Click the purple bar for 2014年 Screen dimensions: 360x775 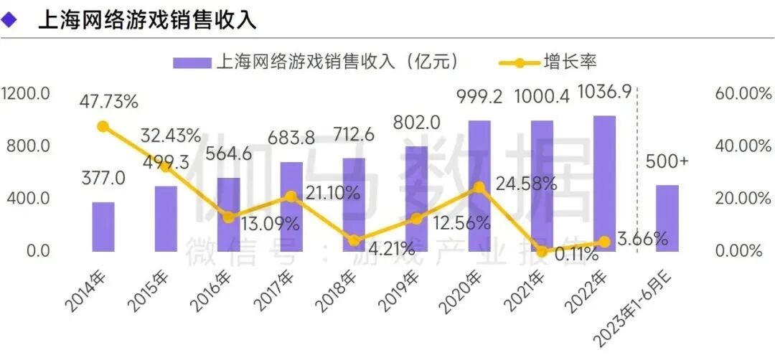[x=103, y=227]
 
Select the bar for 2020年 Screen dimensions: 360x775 [x=479, y=186]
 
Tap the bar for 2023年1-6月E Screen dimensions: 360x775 [x=667, y=218]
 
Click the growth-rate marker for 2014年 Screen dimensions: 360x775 [x=103, y=126]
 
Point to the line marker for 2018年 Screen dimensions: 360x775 [x=354, y=240]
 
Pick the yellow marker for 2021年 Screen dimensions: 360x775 [x=542, y=251]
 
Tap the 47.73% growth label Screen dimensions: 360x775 [x=108, y=101]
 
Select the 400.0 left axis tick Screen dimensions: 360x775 [x=29, y=198]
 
